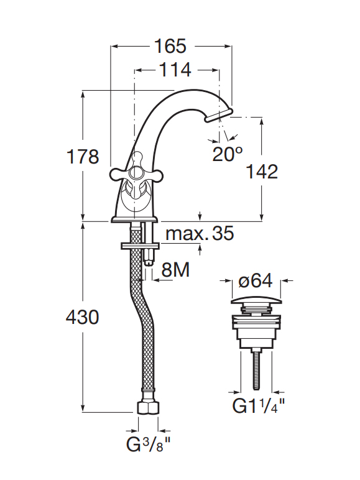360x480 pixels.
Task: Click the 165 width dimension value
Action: (170, 46)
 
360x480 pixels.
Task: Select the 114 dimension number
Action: (175, 70)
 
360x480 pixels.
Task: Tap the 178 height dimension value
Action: (83, 157)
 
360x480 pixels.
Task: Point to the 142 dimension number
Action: (262, 172)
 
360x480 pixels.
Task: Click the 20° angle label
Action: (228, 154)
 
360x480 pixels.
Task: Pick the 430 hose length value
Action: (83, 317)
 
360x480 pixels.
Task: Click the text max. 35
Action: (200, 233)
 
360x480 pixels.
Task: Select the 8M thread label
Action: (175, 270)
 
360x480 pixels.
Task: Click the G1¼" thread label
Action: (259, 406)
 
